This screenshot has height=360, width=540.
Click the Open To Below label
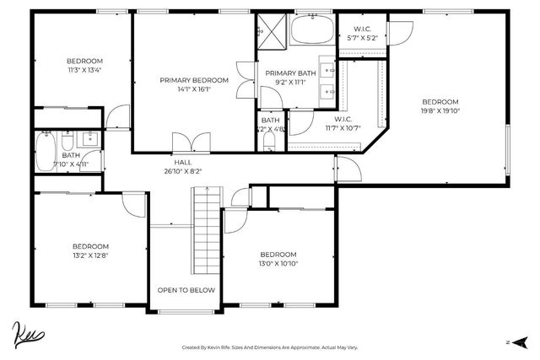186,290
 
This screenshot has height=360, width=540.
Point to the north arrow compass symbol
519,342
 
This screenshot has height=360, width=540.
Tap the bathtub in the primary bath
312,33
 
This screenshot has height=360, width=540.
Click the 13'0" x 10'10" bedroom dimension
278,263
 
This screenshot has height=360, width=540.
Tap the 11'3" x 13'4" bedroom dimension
84,70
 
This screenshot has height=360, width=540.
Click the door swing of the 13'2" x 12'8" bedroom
133,202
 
